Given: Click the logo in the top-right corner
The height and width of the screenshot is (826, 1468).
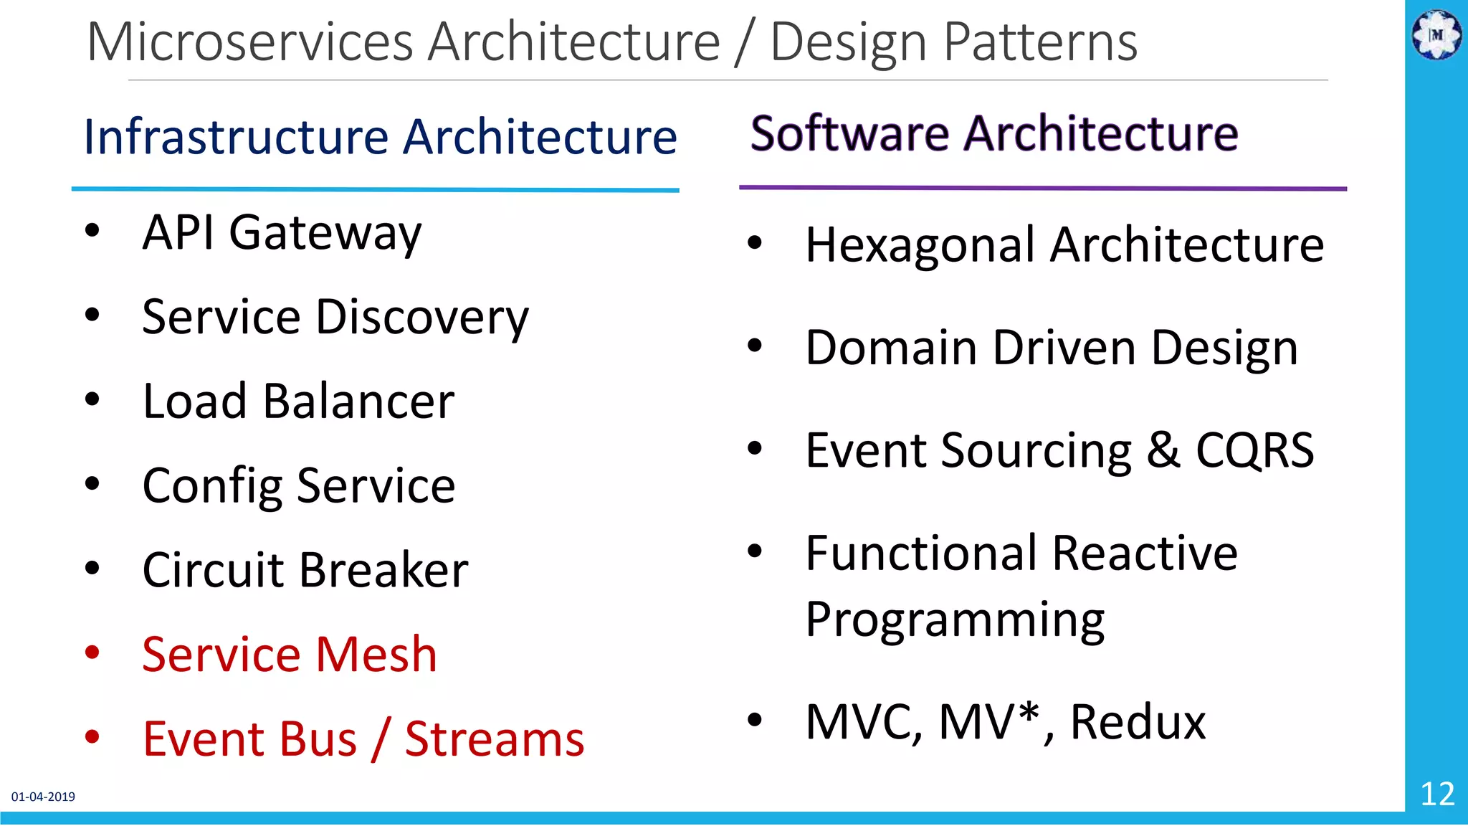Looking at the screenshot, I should coord(1436,34).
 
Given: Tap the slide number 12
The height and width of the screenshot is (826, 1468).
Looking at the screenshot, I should coord(1437,794).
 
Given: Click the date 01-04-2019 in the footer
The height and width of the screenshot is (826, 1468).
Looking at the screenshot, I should coord(43,797).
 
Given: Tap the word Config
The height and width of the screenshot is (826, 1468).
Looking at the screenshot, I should coord(212,486).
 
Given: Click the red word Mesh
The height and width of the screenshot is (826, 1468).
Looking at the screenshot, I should coord(376,655).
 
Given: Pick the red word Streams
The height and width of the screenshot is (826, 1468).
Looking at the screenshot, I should coord(495,739).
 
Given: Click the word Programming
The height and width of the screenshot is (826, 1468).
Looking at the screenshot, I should coord(955,620).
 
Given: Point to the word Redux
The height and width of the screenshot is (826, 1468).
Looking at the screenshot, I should coord(1138,722).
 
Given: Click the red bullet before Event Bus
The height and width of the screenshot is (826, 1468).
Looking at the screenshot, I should coord(92,736).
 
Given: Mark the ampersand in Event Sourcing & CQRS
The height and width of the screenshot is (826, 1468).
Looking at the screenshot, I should coord(1163,451).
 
